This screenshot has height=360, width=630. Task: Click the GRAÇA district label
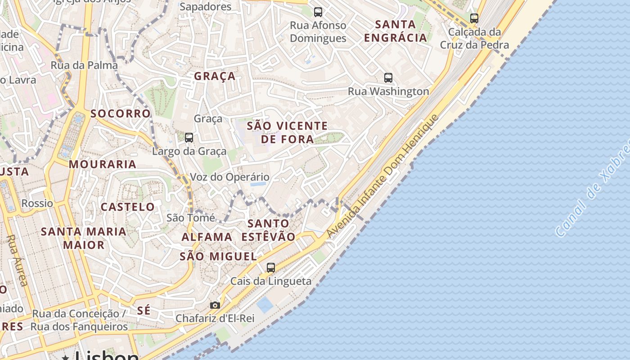point(215,76)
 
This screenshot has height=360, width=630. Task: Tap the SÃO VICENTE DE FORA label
point(288,132)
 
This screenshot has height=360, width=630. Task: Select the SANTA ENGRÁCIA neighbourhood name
point(396,31)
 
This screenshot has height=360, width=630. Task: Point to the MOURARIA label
point(103,164)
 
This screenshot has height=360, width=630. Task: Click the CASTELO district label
point(128,207)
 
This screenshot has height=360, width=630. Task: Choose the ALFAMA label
point(207,237)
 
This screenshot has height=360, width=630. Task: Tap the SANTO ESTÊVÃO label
point(269,230)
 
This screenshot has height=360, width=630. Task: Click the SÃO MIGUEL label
point(218,256)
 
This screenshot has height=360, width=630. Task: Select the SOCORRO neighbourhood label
point(121,113)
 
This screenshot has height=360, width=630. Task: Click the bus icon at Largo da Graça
point(189,138)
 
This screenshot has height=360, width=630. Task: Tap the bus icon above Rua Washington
point(388,77)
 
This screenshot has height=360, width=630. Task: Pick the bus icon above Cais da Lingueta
point(271,268)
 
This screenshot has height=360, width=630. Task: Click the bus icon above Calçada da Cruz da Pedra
point(474,18)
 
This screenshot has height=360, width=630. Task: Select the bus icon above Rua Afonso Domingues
point(318,12)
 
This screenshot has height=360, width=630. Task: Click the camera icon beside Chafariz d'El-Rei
point(215,305)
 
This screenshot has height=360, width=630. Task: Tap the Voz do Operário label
point(229,177)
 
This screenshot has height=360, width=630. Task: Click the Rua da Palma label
point(84,65)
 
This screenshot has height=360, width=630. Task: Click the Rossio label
point(37,203)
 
